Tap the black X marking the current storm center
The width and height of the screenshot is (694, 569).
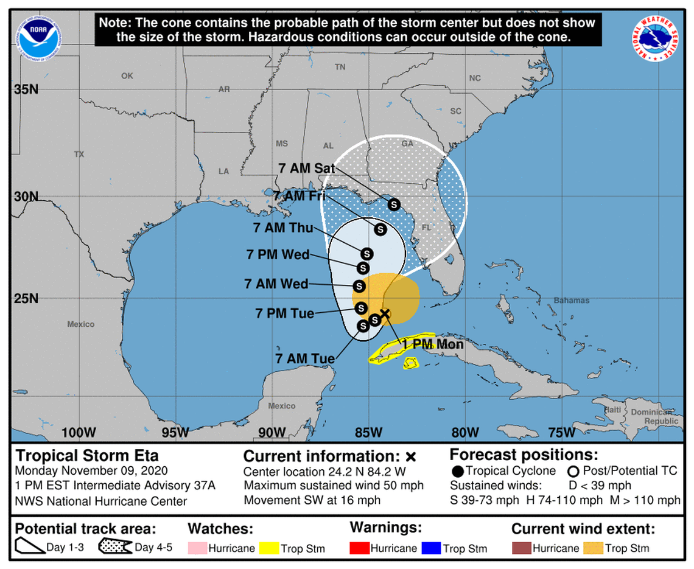[x=385, y=313]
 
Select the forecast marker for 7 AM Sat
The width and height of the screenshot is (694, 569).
[x=394, y=204]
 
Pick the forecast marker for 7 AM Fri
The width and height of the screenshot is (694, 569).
[x=380, y=229]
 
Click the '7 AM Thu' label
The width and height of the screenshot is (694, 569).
[x=283, y=228]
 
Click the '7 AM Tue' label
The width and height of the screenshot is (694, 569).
[x=304, y=358]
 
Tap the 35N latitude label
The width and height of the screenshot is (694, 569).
[x=26, y=89]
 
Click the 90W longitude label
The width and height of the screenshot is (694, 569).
[x=272, y=432]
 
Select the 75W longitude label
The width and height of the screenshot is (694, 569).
[x=561, y=432]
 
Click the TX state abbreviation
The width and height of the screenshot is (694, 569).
[x=79, y=155]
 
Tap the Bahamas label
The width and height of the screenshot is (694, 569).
[x=571, y=301]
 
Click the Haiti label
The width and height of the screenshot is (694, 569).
[x=612, y=410]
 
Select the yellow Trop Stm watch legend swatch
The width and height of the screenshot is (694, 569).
[x=268, y=548]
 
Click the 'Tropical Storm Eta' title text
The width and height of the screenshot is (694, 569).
[x=87, y=455]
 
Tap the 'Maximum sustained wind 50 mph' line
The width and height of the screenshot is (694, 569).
[x=334, y=486]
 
